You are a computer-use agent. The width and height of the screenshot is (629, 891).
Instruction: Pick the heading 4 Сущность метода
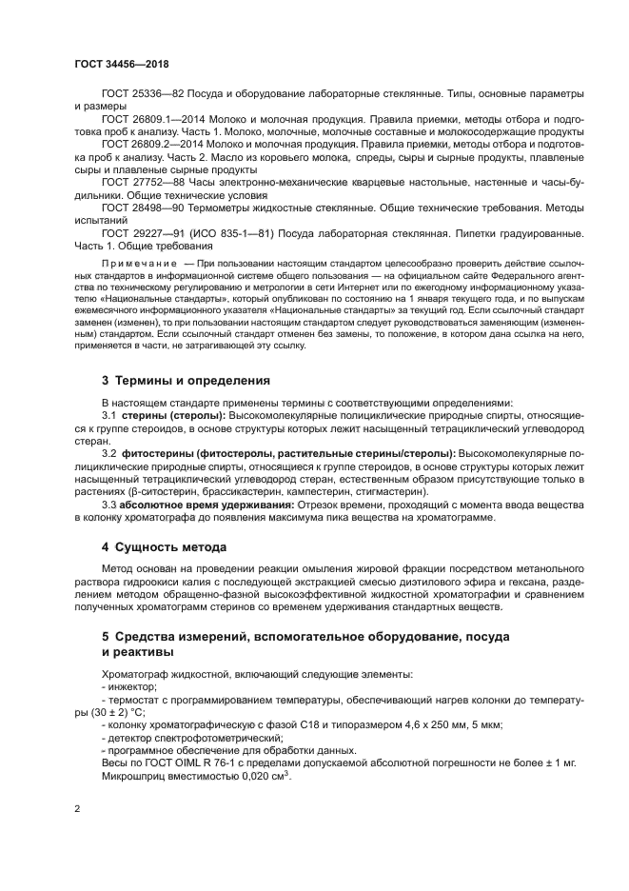pos(164,547)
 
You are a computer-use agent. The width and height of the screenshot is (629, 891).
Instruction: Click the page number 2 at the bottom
pos(77,809)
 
